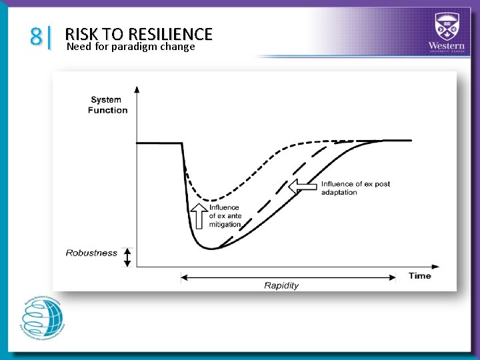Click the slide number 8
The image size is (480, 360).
pos(36,36)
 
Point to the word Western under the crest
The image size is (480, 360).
pos(447,45)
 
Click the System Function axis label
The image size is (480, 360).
pos(107,105)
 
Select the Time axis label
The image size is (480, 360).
pos(419,275)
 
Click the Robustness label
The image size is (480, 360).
pos(91,253)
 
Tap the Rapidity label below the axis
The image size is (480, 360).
pos(281,285)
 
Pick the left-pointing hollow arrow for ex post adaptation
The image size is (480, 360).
pos(302,187)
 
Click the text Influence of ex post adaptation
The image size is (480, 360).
pos(355,188)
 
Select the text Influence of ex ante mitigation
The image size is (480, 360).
pos(225,216)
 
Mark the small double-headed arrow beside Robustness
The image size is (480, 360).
pos(128,257)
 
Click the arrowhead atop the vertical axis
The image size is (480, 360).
pos(137,88)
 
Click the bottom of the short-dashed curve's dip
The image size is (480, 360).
pos(211,200)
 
